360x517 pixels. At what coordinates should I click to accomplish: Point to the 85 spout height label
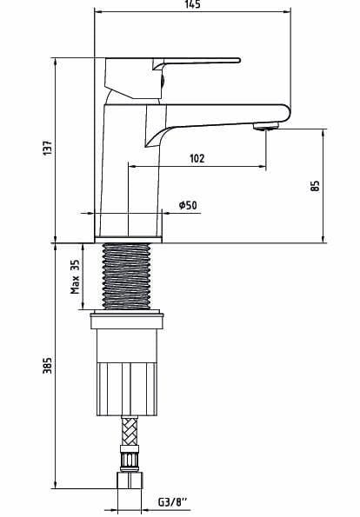[316, 185]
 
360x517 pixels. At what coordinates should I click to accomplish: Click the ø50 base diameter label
[187, 205]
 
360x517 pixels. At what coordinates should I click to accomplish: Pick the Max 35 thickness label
[76, 275]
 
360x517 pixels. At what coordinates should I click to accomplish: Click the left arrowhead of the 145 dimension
[96, 12]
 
